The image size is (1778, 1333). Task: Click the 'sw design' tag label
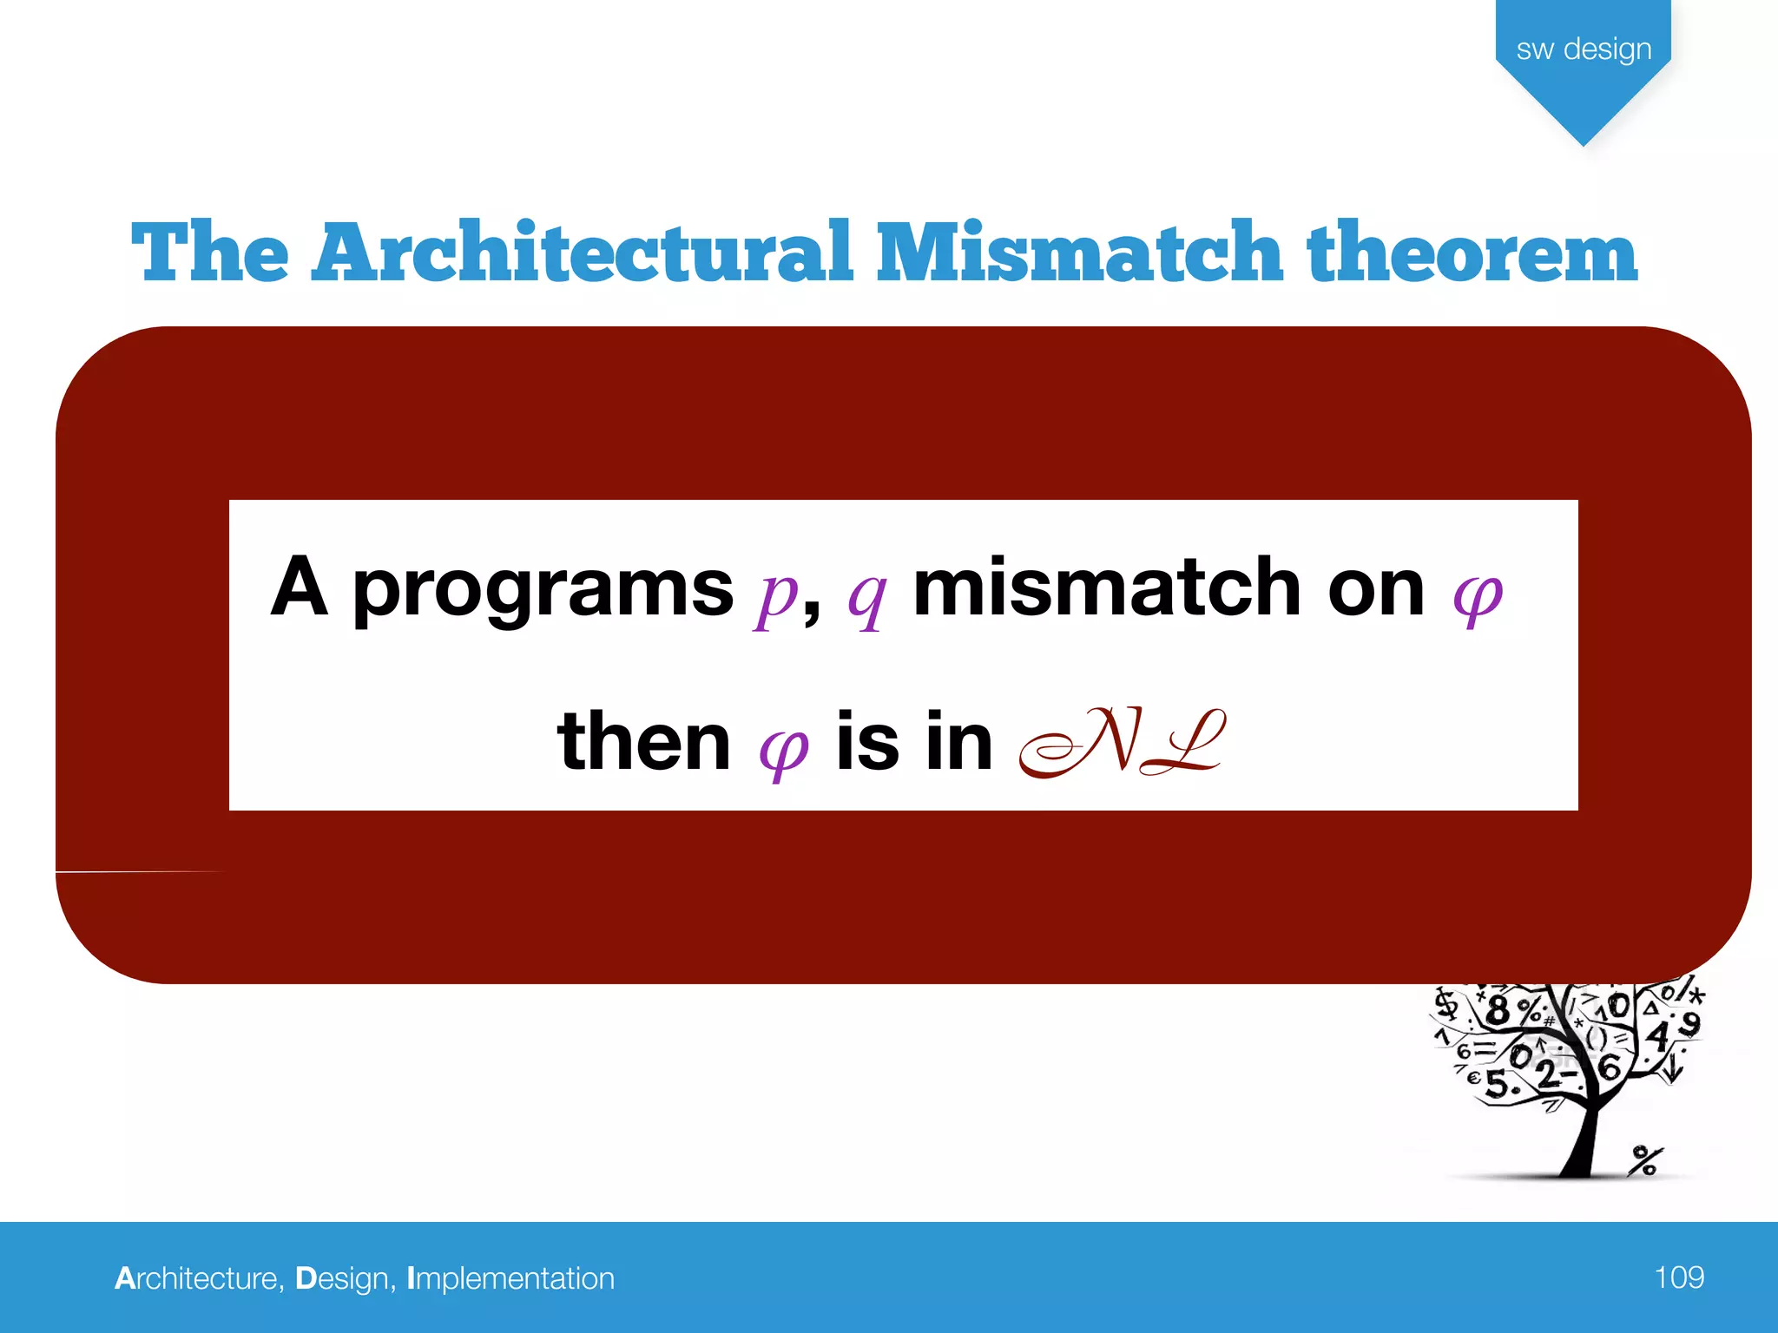point(1584,49)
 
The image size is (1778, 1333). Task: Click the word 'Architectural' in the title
point(582,253)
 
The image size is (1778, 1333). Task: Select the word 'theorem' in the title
point(1472,253)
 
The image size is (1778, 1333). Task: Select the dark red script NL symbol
point(1123,742)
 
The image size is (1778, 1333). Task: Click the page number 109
point(1678,1277)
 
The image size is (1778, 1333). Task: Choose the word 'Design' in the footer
point(343,1278)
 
